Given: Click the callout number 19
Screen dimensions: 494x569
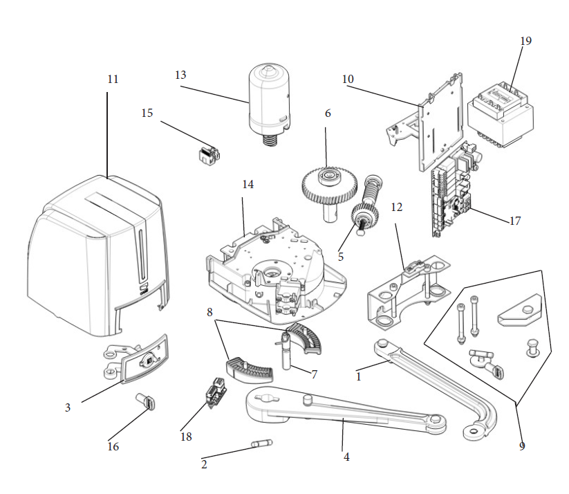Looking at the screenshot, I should point(526,41).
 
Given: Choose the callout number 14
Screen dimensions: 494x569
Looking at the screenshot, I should point(248,185).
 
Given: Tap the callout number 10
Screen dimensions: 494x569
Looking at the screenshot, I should point(348,80).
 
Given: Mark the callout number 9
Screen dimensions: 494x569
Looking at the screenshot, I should point(522,446).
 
